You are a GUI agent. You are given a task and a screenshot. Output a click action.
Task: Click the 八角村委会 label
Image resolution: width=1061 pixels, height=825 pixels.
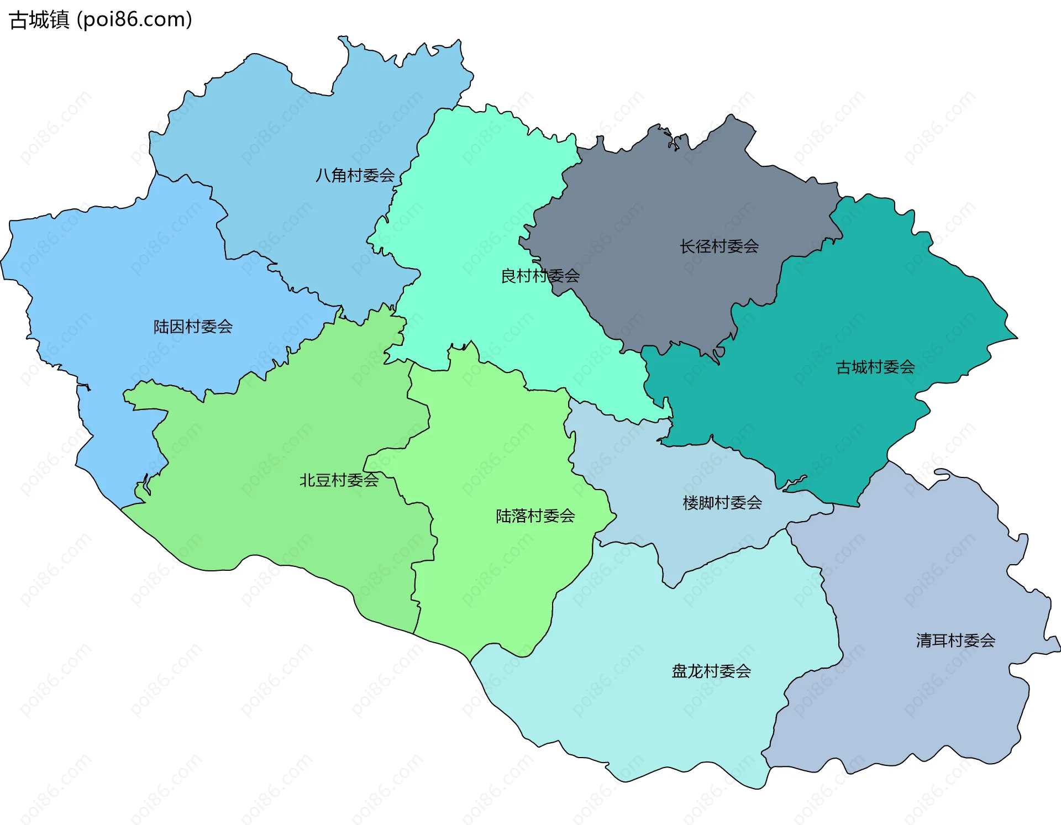point(355,176)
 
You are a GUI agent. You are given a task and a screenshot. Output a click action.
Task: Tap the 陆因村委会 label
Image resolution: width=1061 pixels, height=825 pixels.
point(193,327)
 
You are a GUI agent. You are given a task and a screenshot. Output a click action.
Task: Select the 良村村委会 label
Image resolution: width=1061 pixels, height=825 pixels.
point(540,276)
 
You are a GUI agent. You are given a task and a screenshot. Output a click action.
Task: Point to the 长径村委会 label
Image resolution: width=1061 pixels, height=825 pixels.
point(719,246)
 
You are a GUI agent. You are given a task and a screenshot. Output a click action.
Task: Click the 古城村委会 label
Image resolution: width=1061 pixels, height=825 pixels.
point(875,367)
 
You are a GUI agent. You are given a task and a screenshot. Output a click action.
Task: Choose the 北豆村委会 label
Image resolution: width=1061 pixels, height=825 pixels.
point(339,480)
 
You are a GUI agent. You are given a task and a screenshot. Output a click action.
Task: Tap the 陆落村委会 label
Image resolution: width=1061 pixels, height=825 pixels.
point(535,516)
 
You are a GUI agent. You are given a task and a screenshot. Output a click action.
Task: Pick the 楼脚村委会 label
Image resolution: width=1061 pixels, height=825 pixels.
point(722,503)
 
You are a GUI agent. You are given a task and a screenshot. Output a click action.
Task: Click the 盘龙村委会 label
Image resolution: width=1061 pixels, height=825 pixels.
point(711,671)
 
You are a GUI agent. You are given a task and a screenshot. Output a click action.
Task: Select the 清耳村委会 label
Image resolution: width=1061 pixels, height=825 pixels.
point(955,640)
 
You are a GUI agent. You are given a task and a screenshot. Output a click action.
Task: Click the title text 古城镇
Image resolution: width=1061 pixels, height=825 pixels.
point(40,20)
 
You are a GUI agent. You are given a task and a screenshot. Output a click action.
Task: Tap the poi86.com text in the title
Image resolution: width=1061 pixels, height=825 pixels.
point(134,20)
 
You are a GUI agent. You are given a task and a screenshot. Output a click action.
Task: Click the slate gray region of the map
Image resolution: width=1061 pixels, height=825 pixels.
point(663,199)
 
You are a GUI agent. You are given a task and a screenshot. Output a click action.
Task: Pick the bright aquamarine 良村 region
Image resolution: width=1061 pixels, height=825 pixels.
point(475,210)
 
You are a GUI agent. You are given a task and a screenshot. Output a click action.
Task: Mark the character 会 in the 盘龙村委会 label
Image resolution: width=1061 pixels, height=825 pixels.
point(743,671)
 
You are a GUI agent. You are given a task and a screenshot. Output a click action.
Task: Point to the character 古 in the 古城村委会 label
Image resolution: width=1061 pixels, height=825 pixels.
point(844,367)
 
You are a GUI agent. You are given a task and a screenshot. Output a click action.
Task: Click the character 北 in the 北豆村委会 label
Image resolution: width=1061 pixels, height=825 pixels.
point(307,480)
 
